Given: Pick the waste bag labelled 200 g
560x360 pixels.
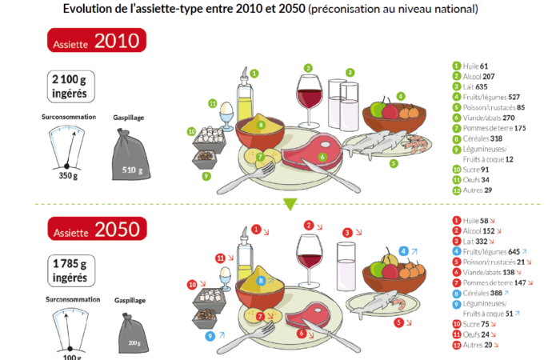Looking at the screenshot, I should [x=134, y=336].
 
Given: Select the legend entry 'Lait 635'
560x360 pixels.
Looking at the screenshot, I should [x=474, y=86].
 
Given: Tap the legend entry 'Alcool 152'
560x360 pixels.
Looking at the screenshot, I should [x=478, y=230].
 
